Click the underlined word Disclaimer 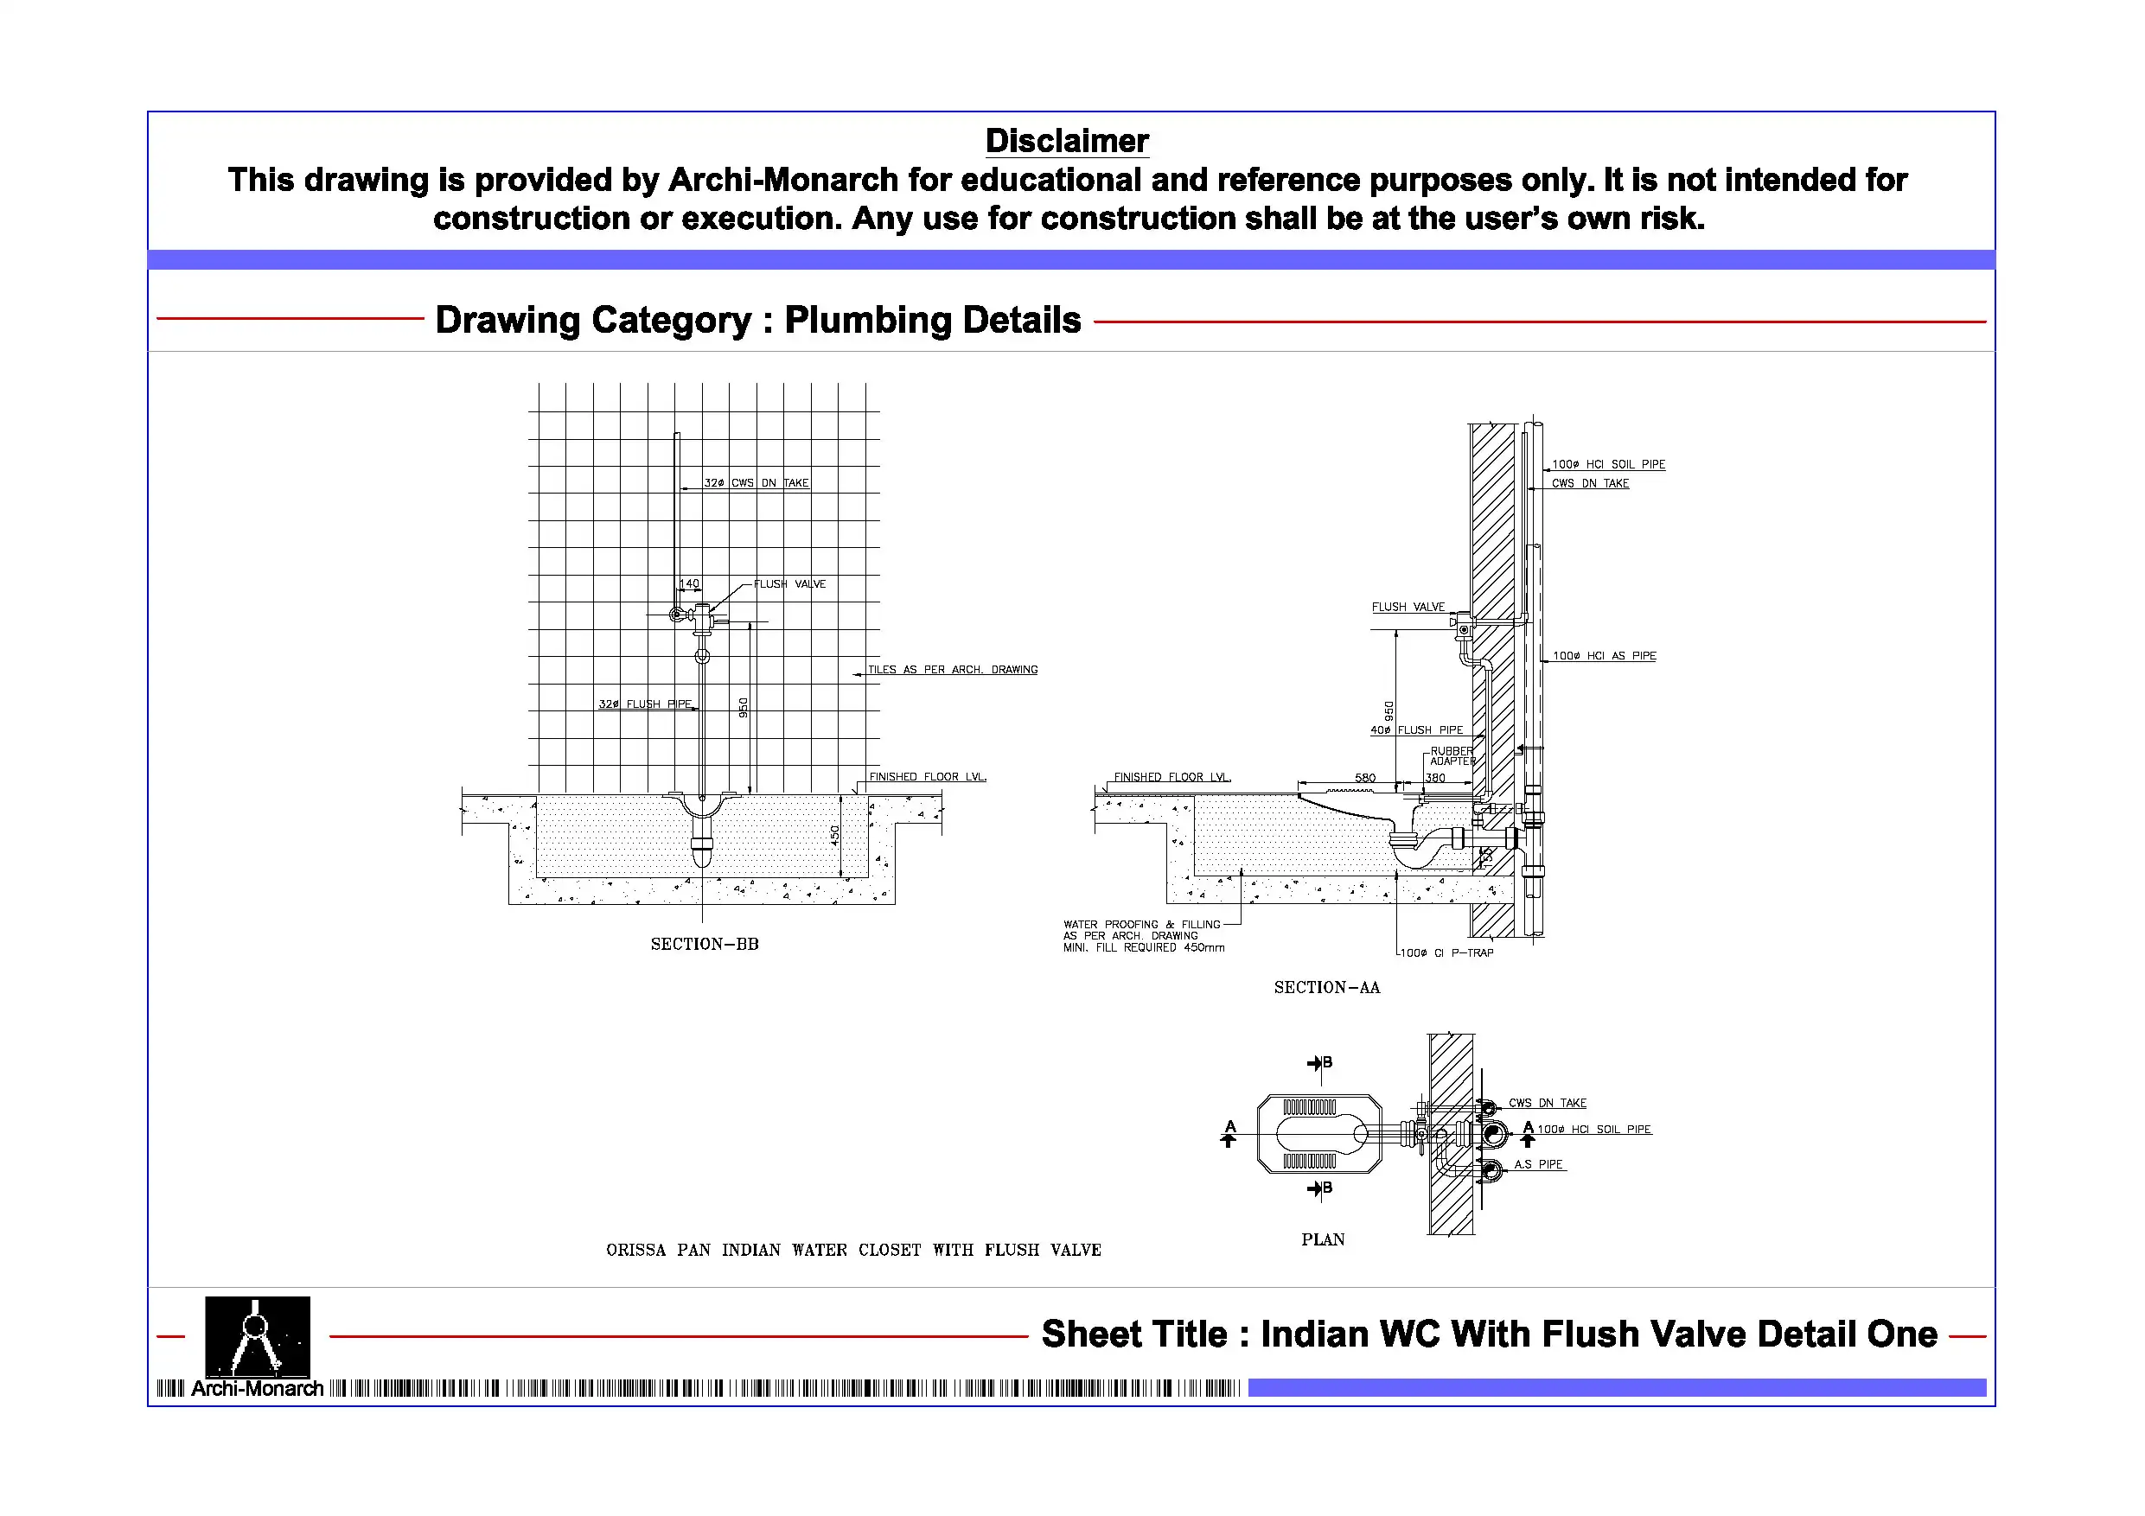click(x=1066, y=141)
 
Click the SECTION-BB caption click(x=705, y=945)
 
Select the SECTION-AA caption click(x=1325, y=987)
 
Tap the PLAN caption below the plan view click(x=1322, y=1239)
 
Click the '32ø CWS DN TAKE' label click(x=756, y=483)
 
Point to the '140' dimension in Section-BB click(x=688, y=583)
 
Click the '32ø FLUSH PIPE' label click(x=645, y=704)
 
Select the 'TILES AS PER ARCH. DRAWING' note click(x=952, y=670)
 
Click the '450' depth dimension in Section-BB click(x=835, y=835)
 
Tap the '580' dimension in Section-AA click(x=1365, y=777)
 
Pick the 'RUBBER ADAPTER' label click(x=1451, y=755)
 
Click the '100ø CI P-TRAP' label click(x=1446, y=952)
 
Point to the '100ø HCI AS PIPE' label click(x=1603, y=656)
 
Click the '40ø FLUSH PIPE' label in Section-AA click(x=1416, y=730)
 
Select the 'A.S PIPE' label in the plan click(x=1538, y=1164)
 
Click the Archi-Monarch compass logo click(x=257, y=1335)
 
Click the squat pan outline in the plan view click(x=1319, y=1134)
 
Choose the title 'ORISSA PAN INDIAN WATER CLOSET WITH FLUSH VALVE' click(x=853, y=1250)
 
